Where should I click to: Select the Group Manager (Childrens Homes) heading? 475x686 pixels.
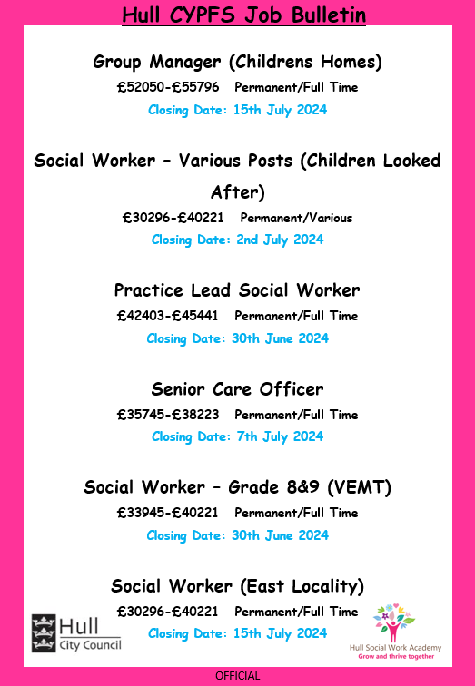237,62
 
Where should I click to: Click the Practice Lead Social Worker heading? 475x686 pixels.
237,290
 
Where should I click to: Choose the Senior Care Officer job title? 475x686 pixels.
237,389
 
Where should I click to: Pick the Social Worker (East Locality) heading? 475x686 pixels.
237,584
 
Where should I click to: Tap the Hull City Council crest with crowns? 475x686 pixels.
43,632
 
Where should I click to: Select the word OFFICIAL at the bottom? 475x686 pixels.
238,676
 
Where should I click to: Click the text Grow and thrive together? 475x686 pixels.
407,655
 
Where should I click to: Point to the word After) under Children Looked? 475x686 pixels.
237,192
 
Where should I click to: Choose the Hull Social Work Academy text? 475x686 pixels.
407,645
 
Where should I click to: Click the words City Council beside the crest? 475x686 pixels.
89,644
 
